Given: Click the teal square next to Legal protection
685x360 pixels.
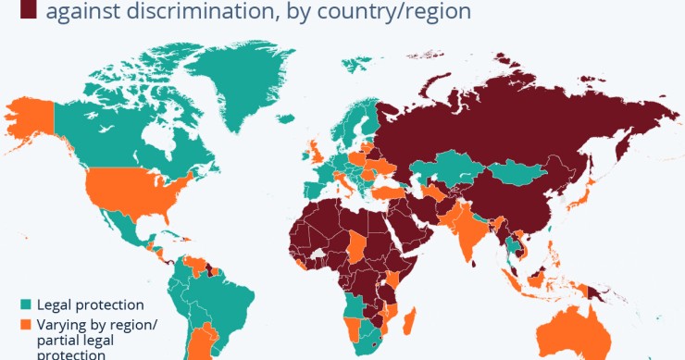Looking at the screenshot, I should pos(26,304).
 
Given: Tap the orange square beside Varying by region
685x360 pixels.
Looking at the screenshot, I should pos(26,323).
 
